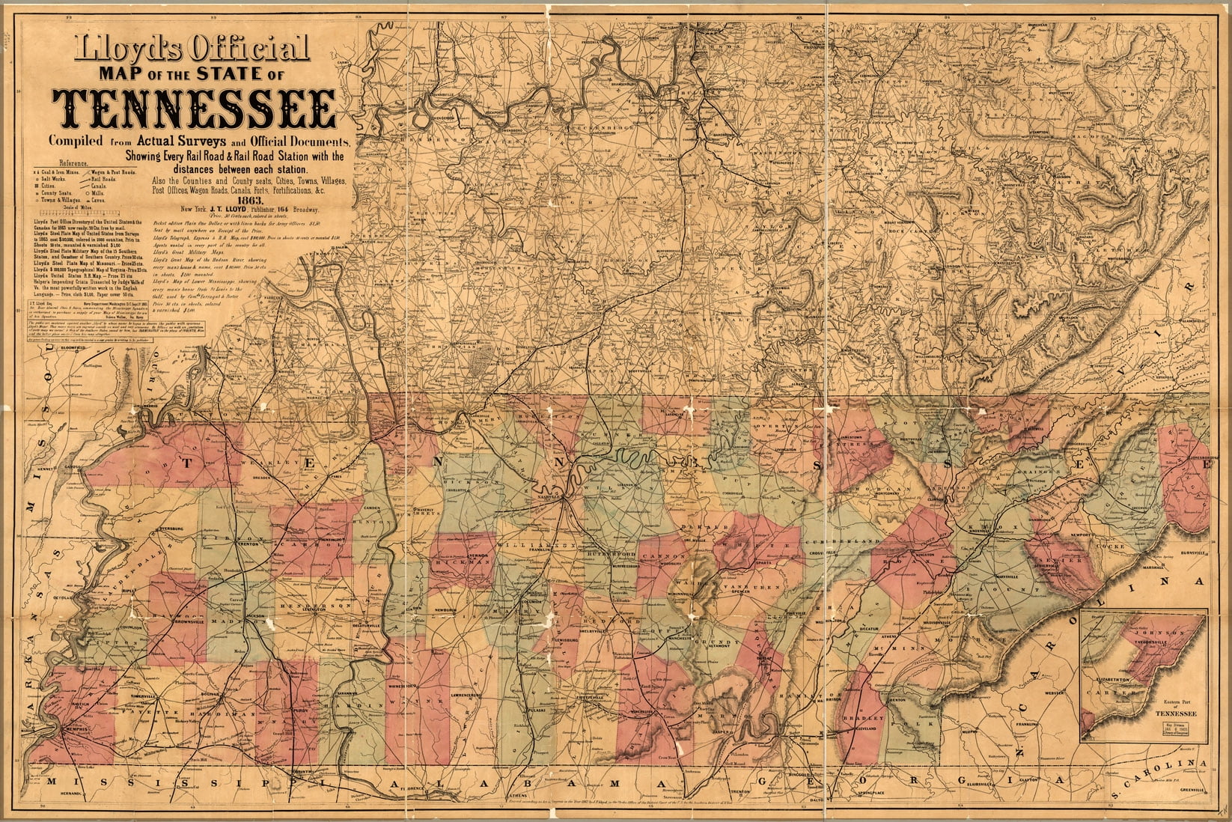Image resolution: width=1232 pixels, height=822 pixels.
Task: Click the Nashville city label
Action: [552, 497]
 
